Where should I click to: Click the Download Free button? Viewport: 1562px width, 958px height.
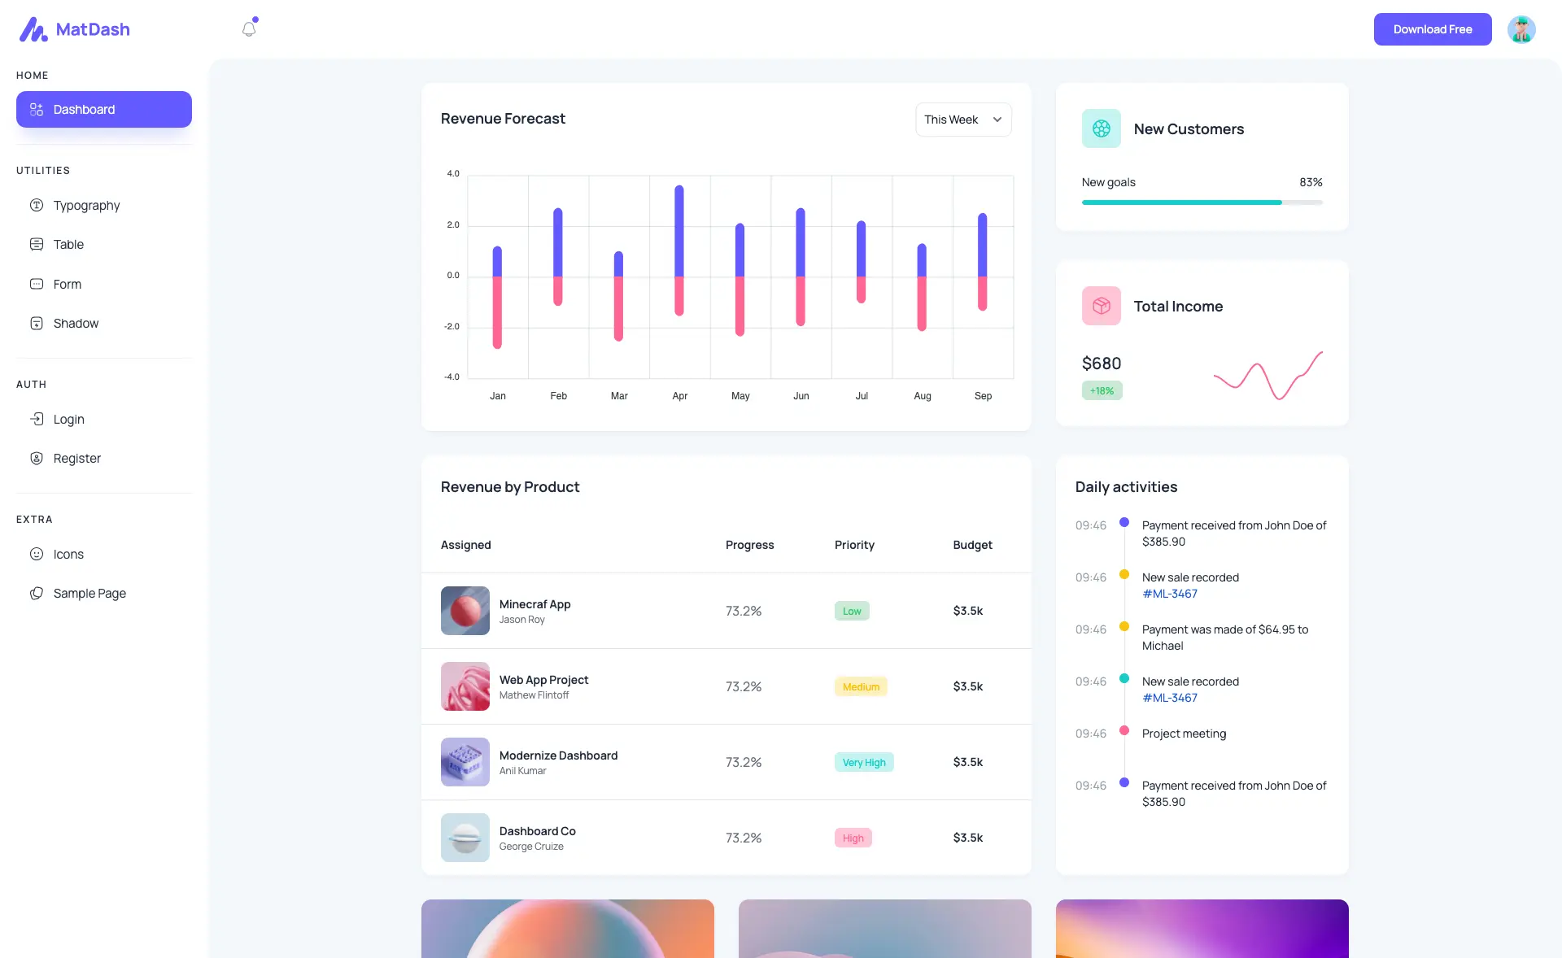(1432, 29)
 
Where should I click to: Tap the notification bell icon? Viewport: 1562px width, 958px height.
(249, 29)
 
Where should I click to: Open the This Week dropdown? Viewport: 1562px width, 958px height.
(963, 120)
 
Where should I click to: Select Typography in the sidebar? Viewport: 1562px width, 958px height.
(86, 206)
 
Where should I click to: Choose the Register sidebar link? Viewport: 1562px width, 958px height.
(76, 459)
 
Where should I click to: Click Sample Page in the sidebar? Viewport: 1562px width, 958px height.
(89, 594)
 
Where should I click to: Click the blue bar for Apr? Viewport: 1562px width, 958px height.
(679, 232)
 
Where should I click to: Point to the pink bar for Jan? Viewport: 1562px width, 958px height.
(497, 313)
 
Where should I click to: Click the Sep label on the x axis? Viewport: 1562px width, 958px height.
(983, 396)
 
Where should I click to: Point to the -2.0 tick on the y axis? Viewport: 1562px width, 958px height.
(452, 327)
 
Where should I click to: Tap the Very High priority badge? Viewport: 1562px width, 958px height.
(864, 763)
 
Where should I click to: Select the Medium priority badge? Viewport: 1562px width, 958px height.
(861, 687)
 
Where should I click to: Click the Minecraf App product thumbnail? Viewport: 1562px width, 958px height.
(465, 611)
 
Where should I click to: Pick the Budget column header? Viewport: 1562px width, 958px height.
(972, 545)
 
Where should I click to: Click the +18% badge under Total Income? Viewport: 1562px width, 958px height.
(1102, 391)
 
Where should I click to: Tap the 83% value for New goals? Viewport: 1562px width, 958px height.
(1311, 183)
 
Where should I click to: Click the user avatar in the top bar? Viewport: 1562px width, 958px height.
(1521, 29)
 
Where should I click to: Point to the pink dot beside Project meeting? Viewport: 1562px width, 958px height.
(1124, 730)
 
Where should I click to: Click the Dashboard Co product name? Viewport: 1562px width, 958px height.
(537, 831)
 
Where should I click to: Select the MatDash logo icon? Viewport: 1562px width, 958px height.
(33, 30)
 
